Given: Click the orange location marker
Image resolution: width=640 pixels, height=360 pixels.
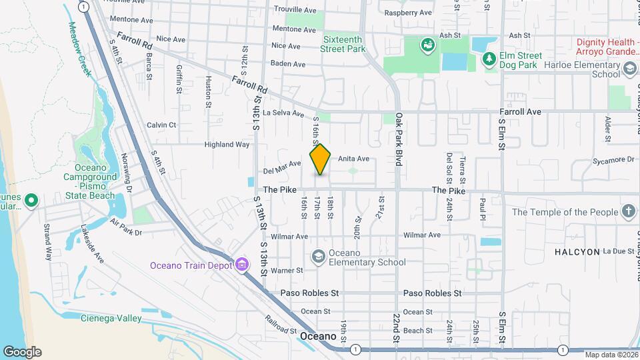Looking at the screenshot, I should (320, 159).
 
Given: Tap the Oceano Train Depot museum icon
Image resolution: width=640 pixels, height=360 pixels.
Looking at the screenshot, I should (241, 265).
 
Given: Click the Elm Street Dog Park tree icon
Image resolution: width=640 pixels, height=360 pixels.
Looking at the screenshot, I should (489, 59).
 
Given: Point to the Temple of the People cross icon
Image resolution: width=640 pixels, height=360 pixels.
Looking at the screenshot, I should (628, 212).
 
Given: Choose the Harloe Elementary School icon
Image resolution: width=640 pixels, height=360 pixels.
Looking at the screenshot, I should (629, 69).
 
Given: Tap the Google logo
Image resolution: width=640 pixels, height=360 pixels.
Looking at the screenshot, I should (22, 351).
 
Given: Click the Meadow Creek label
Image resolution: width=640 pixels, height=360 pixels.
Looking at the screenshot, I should (79, 49).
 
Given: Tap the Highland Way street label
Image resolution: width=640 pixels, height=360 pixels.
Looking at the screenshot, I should (227, 144).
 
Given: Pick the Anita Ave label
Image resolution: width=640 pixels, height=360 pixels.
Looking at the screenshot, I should (353, 159).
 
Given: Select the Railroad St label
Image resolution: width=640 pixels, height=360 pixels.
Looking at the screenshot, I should (280, 325).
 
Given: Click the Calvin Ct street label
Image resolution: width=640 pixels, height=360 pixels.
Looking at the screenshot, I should (161, 125).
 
